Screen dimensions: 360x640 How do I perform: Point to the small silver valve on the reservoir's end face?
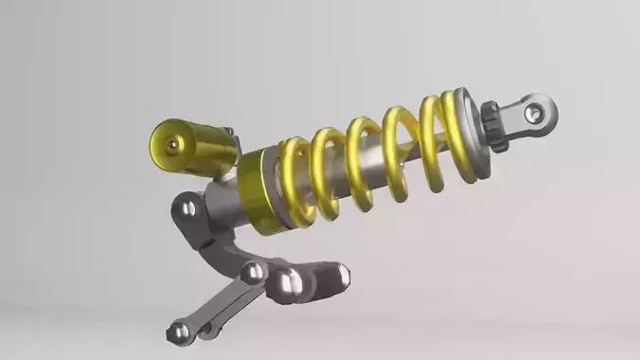173,145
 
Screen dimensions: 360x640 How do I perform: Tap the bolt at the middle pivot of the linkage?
252,273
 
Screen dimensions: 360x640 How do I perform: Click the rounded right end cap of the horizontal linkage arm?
341,278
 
